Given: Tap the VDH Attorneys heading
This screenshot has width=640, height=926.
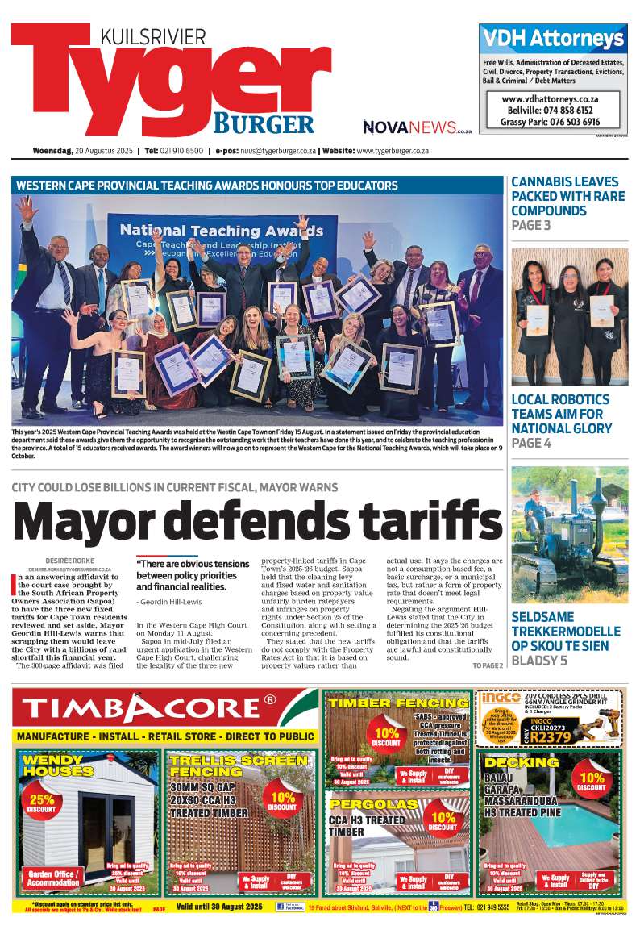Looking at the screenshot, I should click(x=553, y=39).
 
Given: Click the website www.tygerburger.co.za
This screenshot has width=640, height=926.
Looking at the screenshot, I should click(x=392, y=151).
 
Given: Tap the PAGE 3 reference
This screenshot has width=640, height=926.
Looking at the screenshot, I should click(x=531, y=226).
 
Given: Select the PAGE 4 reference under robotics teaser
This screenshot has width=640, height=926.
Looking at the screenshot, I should click(x=531, y=444).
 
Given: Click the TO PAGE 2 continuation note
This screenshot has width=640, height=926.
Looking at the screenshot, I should click(x=487, y=665).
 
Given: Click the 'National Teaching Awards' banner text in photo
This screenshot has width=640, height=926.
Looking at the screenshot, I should click(x=222, y=230).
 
